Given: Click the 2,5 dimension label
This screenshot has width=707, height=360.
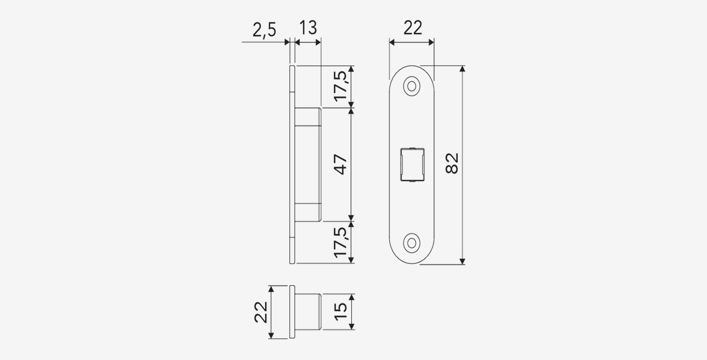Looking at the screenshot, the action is coord(264,30).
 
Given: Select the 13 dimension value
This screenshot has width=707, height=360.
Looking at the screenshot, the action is coord(308,28).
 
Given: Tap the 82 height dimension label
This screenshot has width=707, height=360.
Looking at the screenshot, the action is coord(452,163).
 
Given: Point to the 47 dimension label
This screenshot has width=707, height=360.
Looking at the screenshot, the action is coord(341,164).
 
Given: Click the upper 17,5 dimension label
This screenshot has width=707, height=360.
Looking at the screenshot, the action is coord(341,86).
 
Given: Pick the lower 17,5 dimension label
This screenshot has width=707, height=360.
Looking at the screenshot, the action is coord(341,242).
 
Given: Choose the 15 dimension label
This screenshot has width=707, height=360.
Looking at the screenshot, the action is coord(341,312).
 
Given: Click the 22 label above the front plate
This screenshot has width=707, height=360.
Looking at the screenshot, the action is coord(412,28).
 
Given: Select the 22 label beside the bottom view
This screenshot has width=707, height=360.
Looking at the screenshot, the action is coord(261,312).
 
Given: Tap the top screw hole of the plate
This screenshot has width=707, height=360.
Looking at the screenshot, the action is coord(412,86).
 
